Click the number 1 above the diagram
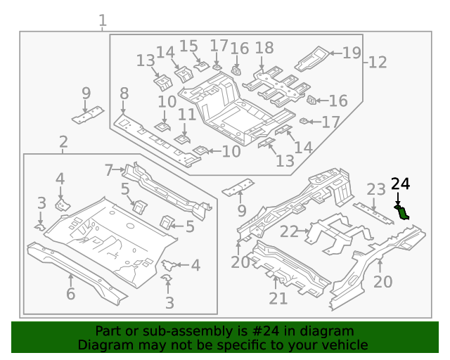(103, 20)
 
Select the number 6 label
(70, 294)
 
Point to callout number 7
(109, 169)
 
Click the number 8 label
(124, 94)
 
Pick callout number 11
(186, 115)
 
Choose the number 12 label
(378, 62)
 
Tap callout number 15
(188, 46)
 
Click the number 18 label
(264, 48)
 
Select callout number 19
(351, 52)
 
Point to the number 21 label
(278, 299)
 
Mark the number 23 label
(376, 189)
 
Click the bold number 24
(399, 184)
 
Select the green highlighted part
(403, 212)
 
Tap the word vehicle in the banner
(344, 345)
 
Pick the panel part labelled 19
(313, 58)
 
